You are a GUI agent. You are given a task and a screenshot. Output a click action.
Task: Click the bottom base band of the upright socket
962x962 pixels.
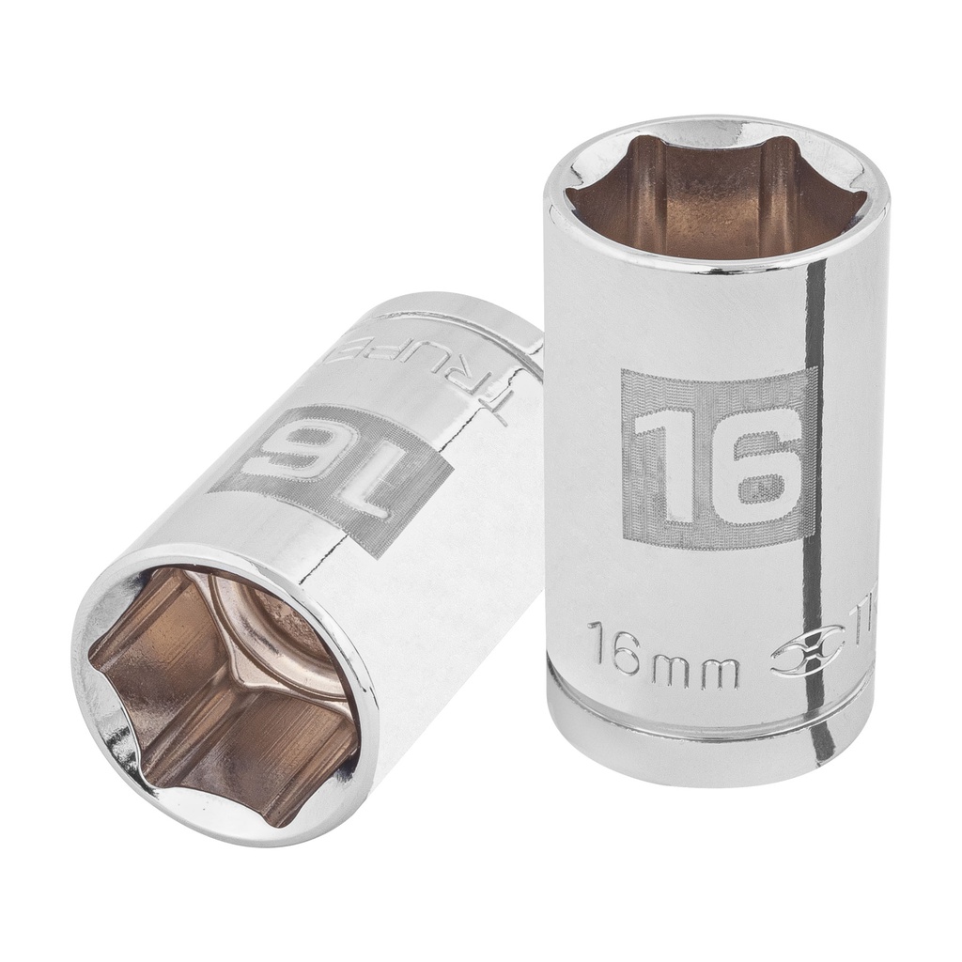(714, 756)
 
